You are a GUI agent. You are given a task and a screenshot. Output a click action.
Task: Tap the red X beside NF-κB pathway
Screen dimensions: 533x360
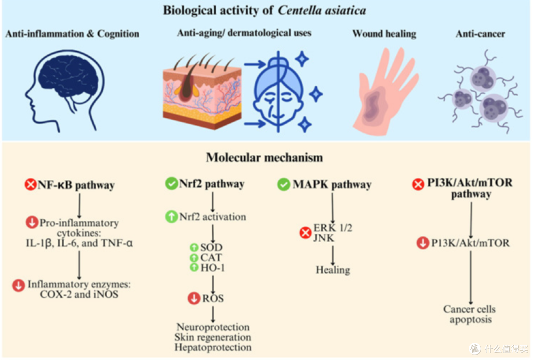click(31, 184)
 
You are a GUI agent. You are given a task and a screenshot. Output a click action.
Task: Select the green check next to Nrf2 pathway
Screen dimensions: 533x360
click(171, 183)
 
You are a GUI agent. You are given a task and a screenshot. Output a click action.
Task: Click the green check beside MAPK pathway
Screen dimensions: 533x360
click(283, 184)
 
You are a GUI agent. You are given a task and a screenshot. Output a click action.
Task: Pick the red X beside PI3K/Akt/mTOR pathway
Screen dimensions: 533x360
click(418, 184)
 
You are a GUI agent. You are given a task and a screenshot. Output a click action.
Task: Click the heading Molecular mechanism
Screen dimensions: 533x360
click(265, 158)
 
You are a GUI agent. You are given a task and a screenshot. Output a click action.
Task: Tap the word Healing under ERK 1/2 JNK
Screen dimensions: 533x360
click(333, 270)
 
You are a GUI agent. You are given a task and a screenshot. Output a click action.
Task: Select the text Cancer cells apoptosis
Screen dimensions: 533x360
click(470, 314)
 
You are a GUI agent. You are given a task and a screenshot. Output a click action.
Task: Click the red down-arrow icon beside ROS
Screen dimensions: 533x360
click(194, 298)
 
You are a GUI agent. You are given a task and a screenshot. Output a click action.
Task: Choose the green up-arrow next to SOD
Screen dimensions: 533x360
click(194, 247)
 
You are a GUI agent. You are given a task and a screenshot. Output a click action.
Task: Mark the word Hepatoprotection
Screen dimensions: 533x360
click(213, 348)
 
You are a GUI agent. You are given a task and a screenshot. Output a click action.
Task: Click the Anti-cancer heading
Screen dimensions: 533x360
click(480, 34)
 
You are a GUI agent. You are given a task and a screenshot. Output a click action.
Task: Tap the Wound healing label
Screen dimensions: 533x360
click(384, 34)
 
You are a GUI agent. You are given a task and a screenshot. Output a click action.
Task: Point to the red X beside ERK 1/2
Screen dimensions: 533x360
click(305, 233)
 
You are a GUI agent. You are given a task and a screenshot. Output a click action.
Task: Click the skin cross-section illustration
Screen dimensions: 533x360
click(202, 92)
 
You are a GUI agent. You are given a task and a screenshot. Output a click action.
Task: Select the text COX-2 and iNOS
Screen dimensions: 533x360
click(79, 294)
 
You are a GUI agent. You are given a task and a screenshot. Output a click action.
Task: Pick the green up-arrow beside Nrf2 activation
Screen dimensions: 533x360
click(171, 216)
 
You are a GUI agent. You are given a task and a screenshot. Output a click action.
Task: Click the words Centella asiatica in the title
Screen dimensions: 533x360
click(322, 10)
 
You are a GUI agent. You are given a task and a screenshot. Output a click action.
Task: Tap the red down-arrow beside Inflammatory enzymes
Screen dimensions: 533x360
click(18, 285)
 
